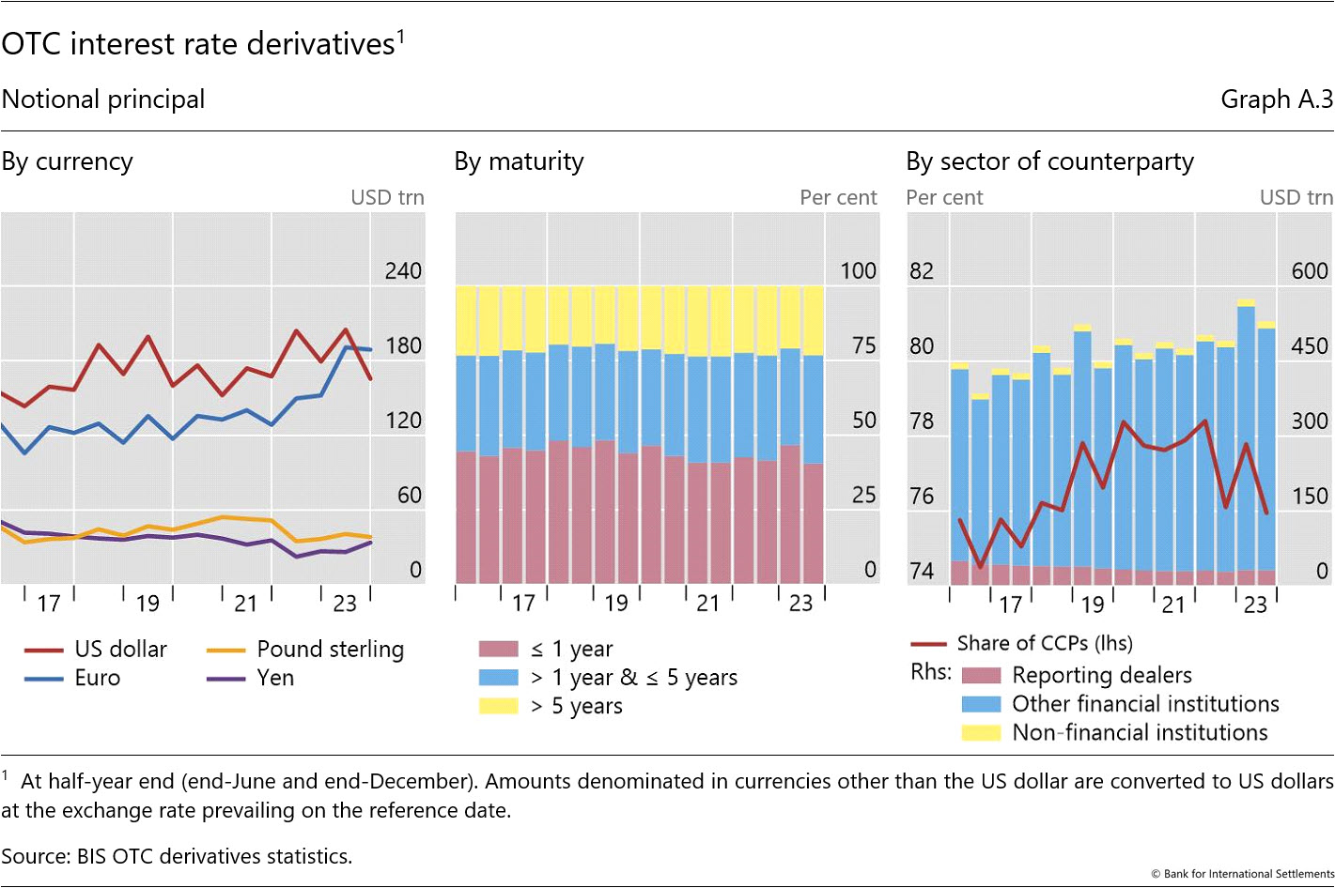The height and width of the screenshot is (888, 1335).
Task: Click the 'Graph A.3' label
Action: [x=1276, y=100]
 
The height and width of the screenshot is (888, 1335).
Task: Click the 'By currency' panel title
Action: [x=68, y=161]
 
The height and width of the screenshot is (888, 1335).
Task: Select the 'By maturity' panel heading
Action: [x=519, y=161]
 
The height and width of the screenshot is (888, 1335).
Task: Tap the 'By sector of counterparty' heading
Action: [x=1049, y=161]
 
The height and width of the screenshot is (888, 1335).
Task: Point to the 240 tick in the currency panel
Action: [x=403, y=271]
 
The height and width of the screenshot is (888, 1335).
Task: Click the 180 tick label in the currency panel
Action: [x=403, y=345]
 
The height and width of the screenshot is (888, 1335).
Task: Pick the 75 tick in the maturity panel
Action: [x=863, y=345]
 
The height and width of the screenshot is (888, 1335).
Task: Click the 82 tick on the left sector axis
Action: [x=922, y=271]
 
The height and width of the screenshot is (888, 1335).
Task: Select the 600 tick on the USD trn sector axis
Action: [x=1310, y=271]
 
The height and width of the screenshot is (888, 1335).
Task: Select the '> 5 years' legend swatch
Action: [x=499, y=706]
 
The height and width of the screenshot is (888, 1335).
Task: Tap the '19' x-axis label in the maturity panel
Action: [x=616, y=604]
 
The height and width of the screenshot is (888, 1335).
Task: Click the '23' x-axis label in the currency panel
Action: [x=345, y=604]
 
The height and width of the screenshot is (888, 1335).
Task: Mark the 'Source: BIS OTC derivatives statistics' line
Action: [x=177, y=856]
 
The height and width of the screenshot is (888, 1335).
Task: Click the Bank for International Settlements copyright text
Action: [x=1242, y=874]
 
